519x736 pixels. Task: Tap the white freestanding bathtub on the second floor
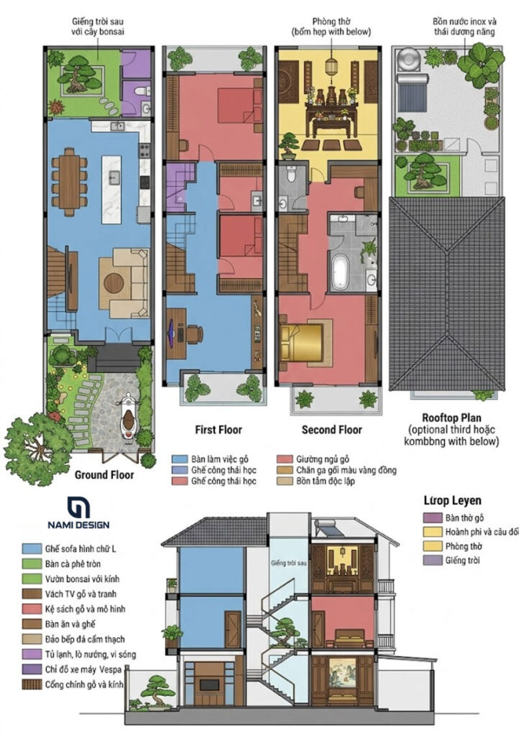pos(340,272)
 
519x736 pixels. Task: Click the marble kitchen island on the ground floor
pos(111,189)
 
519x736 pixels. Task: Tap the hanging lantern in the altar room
pos(331,66)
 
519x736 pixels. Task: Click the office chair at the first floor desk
pos(193,333)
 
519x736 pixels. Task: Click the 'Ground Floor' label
pos(104,475)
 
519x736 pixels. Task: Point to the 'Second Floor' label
pos(332,430)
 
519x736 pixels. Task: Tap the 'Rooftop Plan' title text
pos(451,418)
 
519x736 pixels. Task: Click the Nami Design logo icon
pos(78,507)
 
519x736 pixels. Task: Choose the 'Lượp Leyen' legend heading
pos(452,500)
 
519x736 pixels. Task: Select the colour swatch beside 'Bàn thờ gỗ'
pos(433,517)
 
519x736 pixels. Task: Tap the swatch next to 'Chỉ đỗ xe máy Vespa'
pos(32,669)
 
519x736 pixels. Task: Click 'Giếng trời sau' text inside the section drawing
pos(288,563)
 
